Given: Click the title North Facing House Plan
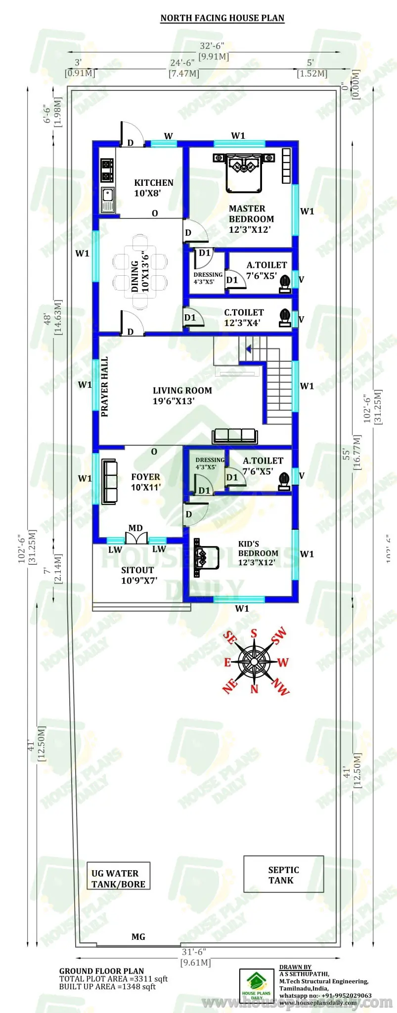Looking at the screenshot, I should [222, 18].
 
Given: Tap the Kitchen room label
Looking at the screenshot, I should [153, 188].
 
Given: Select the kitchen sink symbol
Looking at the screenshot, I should [107, 200].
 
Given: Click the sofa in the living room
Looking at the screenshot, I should [235, 436].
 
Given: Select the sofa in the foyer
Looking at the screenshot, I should [109, 482].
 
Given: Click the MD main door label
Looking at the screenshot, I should [135, 528].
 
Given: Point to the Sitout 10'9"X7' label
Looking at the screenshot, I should [137, 575].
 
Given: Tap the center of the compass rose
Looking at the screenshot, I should [254, 661].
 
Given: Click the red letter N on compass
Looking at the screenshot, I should [254, 688].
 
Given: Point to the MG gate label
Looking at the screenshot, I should [138, 936].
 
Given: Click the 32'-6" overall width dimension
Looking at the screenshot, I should [212, 46].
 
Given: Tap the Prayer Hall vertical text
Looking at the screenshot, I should [104, 387].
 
